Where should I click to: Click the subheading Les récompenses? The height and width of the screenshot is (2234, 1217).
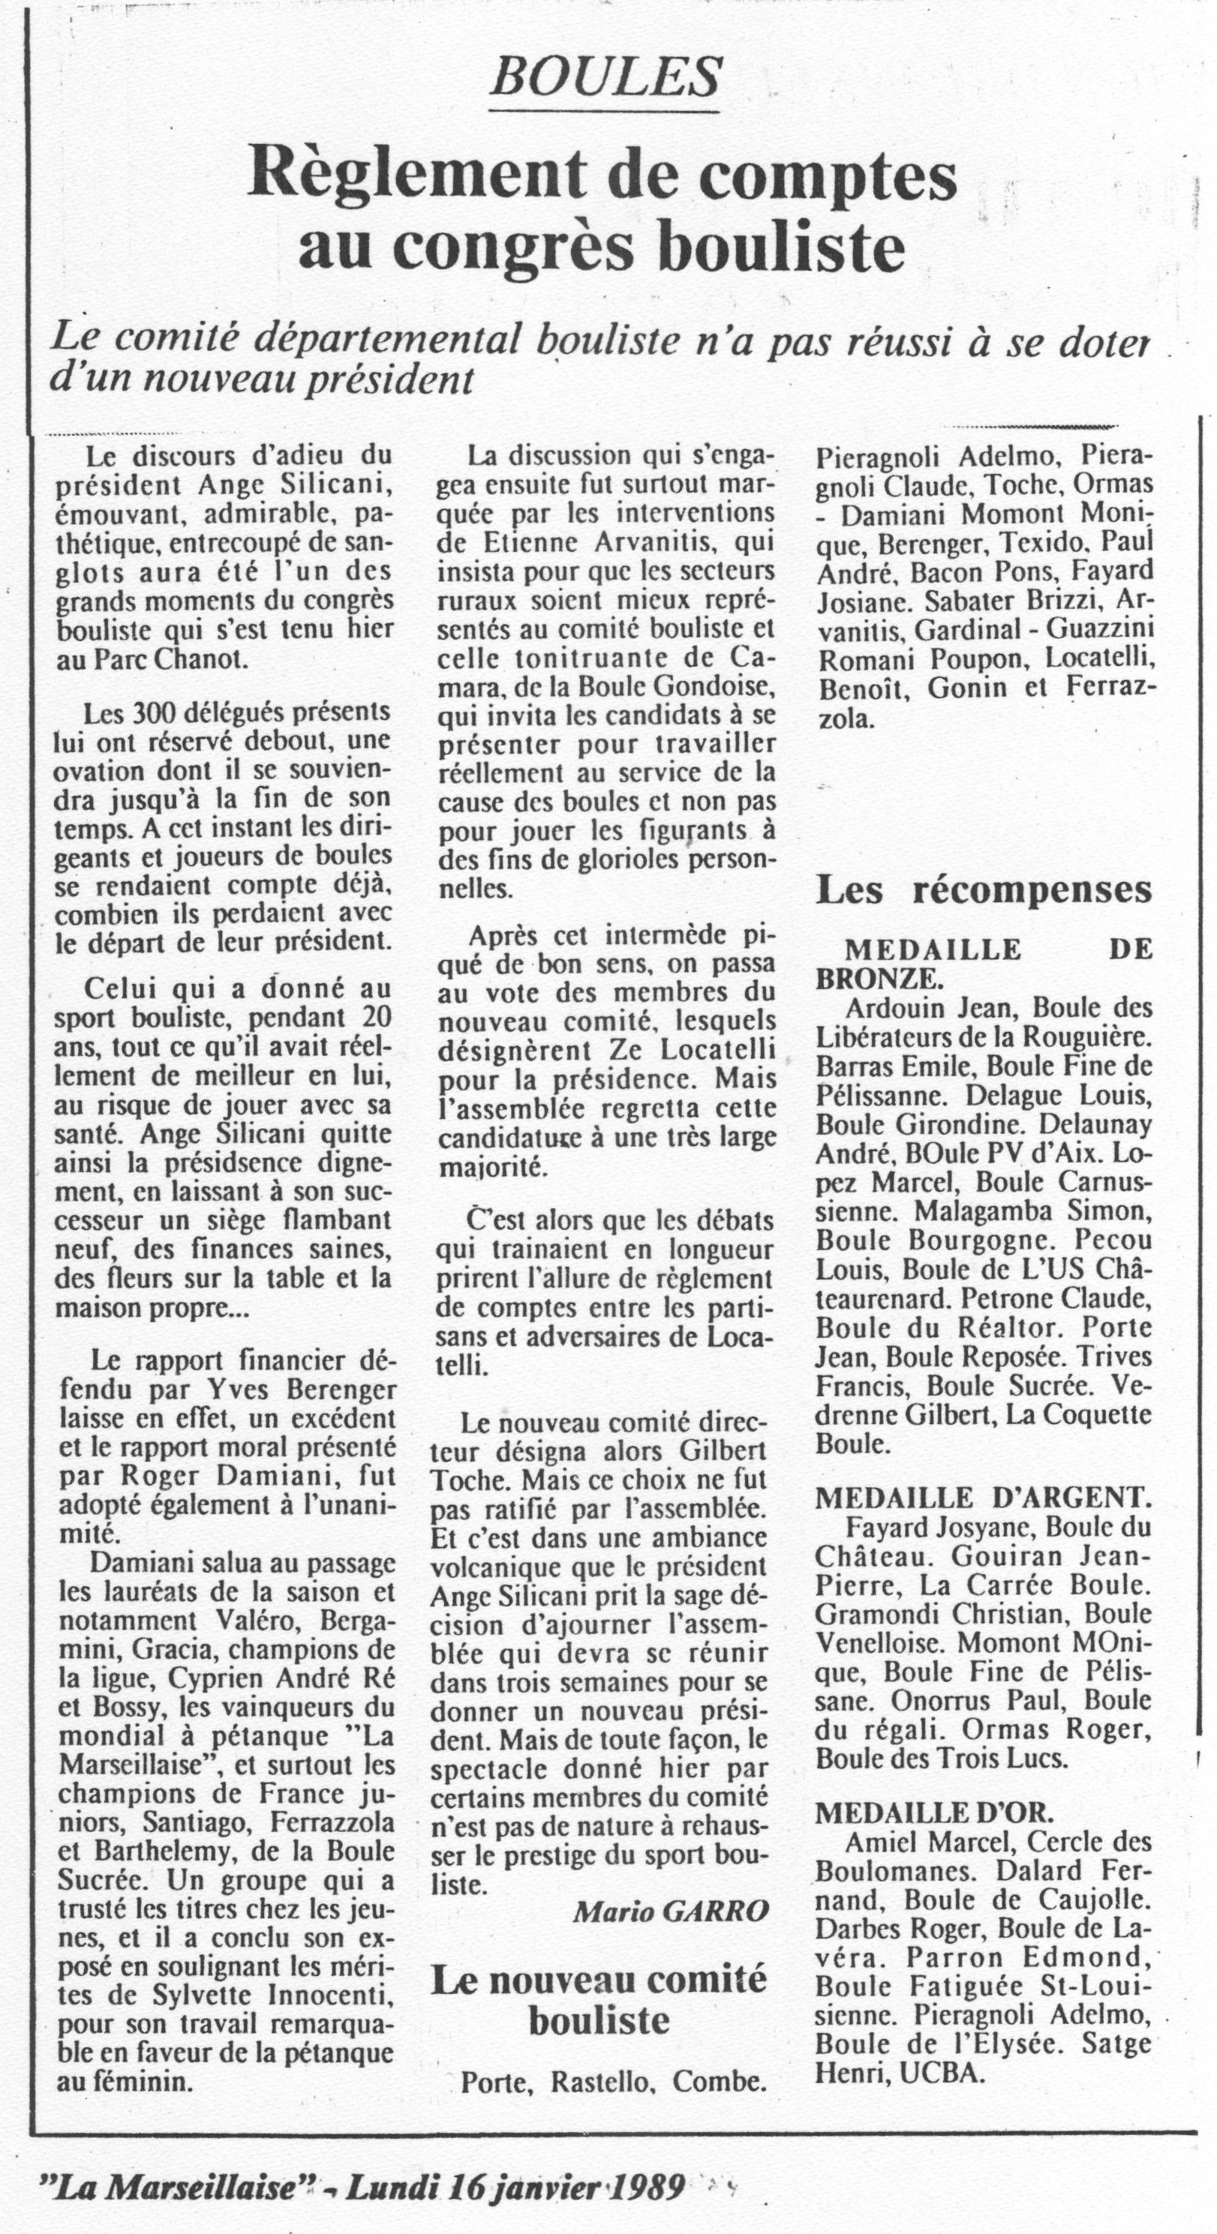click(x=984, y=890)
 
